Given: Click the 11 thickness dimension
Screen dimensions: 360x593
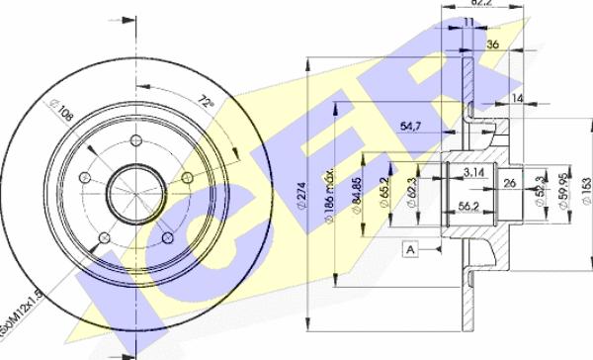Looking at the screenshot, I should (469, 21).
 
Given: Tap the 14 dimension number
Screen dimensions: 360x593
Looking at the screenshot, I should (519, 100).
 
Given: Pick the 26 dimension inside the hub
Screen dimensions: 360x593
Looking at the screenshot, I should (509, 183).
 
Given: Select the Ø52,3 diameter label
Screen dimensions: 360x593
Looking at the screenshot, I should (539, 188).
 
